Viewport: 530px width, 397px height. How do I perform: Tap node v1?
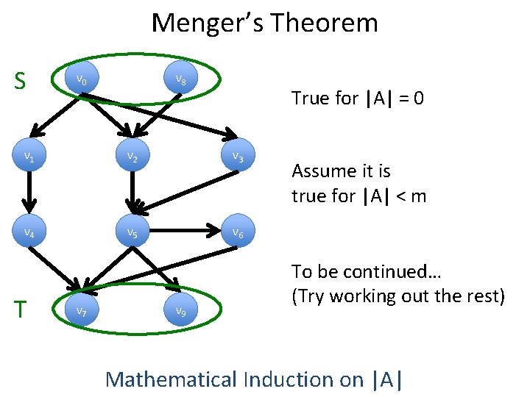point(28,156)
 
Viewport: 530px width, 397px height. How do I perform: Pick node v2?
point(132,156)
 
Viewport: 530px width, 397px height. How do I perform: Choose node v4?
point(28,232)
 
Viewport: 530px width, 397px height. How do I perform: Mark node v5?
point(132,232)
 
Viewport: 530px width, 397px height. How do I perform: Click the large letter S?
point(22,79)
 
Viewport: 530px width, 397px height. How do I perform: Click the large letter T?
point(22,310)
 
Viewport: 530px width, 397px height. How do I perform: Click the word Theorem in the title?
point(324,24)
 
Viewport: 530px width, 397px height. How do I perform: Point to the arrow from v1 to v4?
point(28,194)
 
